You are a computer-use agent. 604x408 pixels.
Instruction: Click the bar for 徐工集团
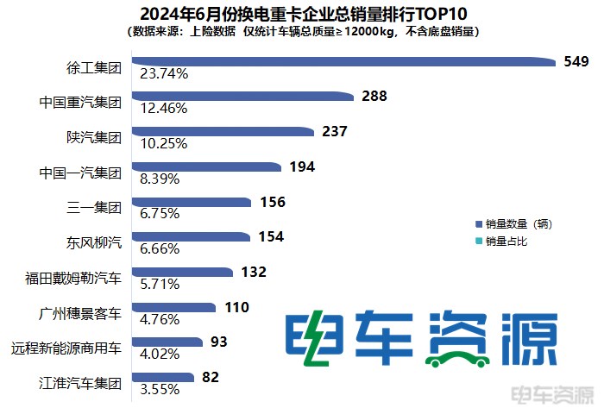345,61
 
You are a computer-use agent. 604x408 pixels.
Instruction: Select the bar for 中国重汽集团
242,97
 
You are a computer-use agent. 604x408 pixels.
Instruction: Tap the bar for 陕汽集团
222,132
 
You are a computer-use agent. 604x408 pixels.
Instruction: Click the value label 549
576,61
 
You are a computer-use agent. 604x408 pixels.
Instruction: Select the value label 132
254,273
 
